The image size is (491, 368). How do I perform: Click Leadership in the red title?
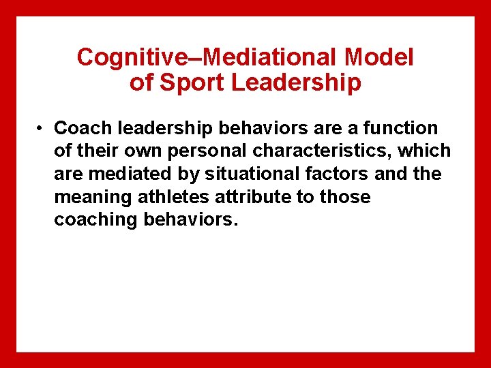[x=297, y=83]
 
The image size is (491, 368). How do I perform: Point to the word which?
[x=427, y=151]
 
